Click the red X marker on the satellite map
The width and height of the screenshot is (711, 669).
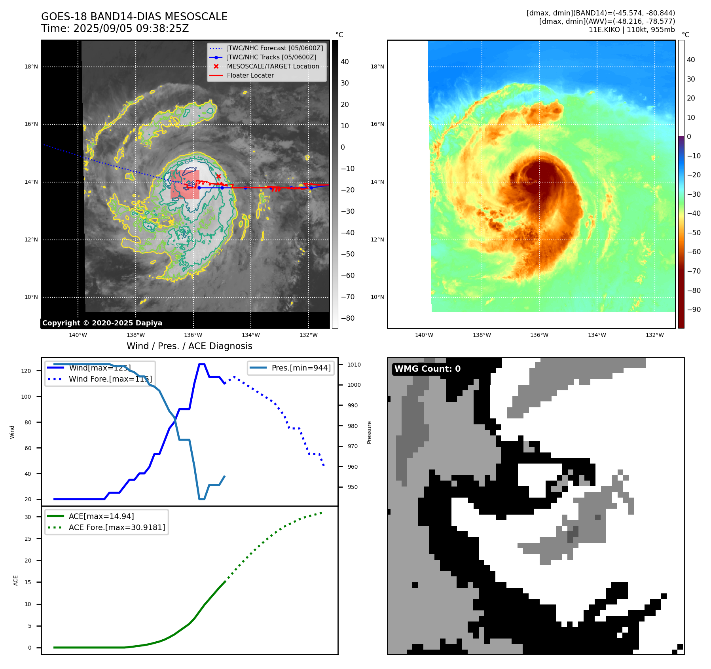click(x=218, y=177)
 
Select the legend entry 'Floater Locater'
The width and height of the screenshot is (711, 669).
click(x=250, y=76)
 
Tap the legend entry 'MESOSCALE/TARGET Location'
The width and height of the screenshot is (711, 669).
click(x=273, y=67)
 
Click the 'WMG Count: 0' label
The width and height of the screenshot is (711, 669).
click(x=427, y=369)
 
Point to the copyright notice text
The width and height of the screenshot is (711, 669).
click(x=102, y=323)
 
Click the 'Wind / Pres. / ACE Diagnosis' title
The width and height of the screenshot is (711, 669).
click(x=189, y=346)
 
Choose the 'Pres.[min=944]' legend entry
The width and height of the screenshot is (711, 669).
click(x=301, y=368)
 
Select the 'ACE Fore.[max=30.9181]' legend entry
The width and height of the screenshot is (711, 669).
click(x=117, y=527)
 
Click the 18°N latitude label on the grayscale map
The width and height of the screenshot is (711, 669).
click(x=31, y=67)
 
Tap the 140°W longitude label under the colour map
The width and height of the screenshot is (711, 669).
click(x=424, y=335)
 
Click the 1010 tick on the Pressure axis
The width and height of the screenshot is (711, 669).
click(x=354, y=365)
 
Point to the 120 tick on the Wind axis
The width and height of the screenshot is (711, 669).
click(x=26, y=371)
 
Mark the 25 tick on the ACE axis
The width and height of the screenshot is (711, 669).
click(x=28, y=539)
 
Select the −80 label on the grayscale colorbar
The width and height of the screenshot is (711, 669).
click(x=348, y=318)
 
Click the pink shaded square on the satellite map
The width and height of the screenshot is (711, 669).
click(x=185, y=184)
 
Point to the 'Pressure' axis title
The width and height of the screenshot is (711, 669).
click(x=370, y=432)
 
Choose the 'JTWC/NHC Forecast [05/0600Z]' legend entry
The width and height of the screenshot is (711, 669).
click(x=275, y=48)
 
